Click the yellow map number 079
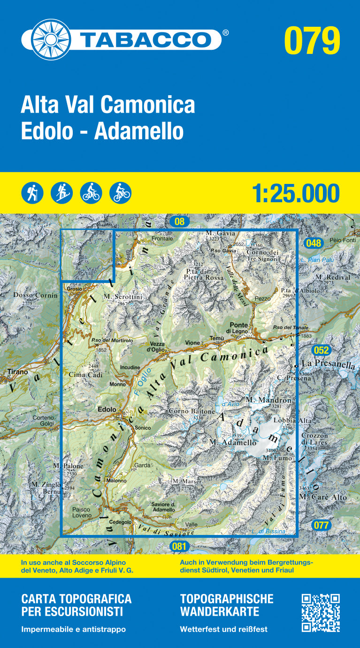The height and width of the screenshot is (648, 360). coord(312,41)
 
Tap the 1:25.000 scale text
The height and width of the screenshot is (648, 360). coord(295,193)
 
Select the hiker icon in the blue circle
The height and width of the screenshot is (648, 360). coord(32,192)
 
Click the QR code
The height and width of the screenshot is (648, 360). coord(321,613)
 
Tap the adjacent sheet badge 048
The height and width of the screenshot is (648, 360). coord(313,243)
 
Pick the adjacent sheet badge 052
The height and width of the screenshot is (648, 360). coord(321,350)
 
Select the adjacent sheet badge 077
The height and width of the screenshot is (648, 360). coord(321,525)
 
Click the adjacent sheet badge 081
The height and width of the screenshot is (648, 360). coord(179,546)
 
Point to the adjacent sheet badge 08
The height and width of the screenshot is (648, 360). coord(179,221)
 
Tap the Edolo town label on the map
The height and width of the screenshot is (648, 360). coord(107,410)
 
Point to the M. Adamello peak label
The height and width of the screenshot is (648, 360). coord(233,442)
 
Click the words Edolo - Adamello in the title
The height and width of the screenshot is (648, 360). coord(102,131)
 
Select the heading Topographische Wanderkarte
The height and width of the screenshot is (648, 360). coord(226,605)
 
